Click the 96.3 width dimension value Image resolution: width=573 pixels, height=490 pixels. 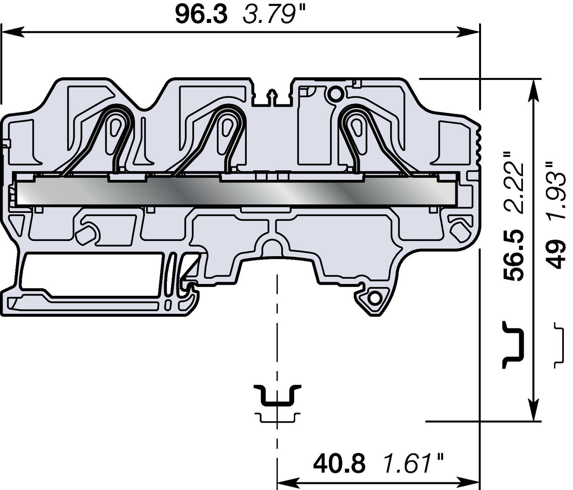point(201,15)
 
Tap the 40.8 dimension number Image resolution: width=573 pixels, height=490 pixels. point(339,463)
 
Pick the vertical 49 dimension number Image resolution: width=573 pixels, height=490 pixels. point(556,254)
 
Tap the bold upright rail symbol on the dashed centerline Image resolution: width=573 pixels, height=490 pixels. point(278,396)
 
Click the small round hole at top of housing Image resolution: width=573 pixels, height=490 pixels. point(335,94)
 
